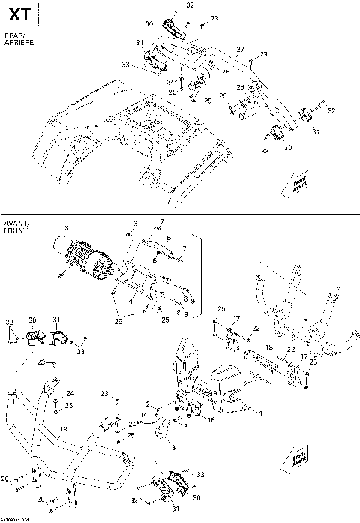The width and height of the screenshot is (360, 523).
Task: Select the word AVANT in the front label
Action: coord(16,225)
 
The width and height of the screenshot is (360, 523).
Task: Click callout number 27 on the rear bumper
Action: coord(241,49)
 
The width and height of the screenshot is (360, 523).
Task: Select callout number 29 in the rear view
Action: coord(208,100)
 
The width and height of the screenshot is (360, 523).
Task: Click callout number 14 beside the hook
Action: coord(142,413)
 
